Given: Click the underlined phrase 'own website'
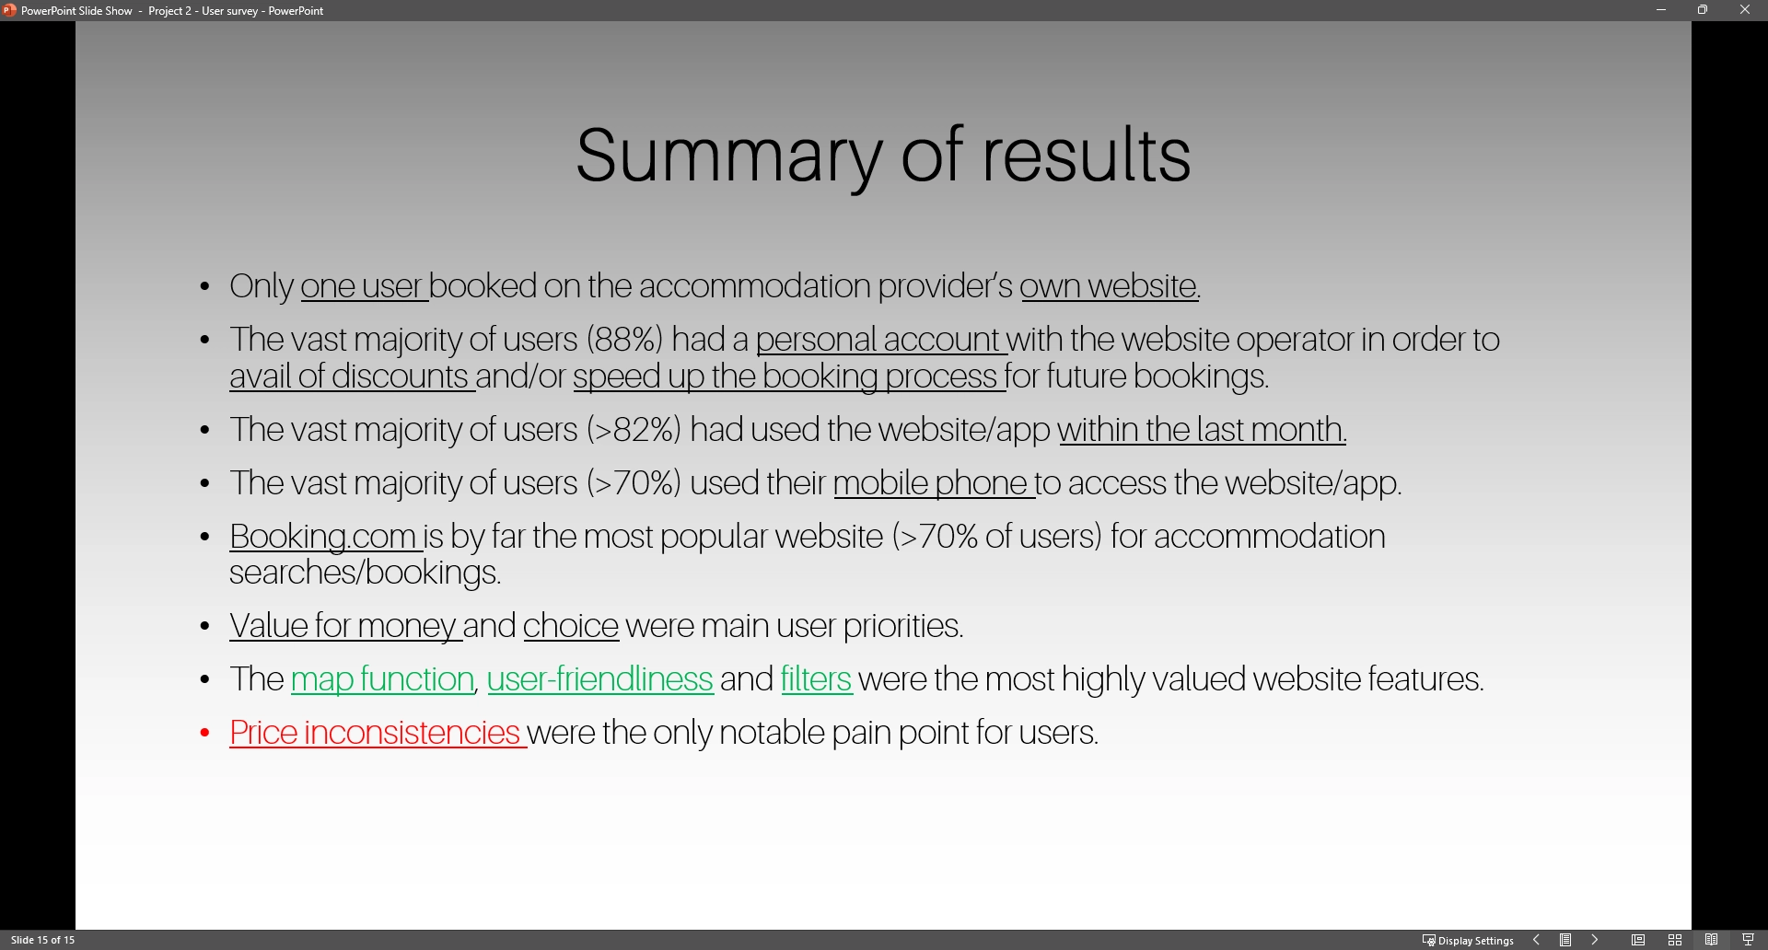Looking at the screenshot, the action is pos(1109,286).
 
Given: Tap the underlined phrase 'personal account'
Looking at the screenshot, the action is pos(878,340).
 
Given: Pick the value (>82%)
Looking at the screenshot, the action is pos(634,430).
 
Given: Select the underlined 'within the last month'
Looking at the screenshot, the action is pos(1202,430).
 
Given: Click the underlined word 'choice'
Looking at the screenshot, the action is pos(571,627).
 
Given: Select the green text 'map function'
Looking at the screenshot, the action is pos(382,680).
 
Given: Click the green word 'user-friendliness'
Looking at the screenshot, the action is pos(599,680).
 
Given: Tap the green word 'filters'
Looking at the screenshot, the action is pos(816,680).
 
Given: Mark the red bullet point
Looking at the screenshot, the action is pos(205,734).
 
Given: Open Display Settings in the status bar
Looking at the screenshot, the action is pos(1468,940).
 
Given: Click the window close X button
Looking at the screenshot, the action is pos(1745,10).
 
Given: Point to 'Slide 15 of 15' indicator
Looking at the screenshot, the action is pos(43,940).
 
